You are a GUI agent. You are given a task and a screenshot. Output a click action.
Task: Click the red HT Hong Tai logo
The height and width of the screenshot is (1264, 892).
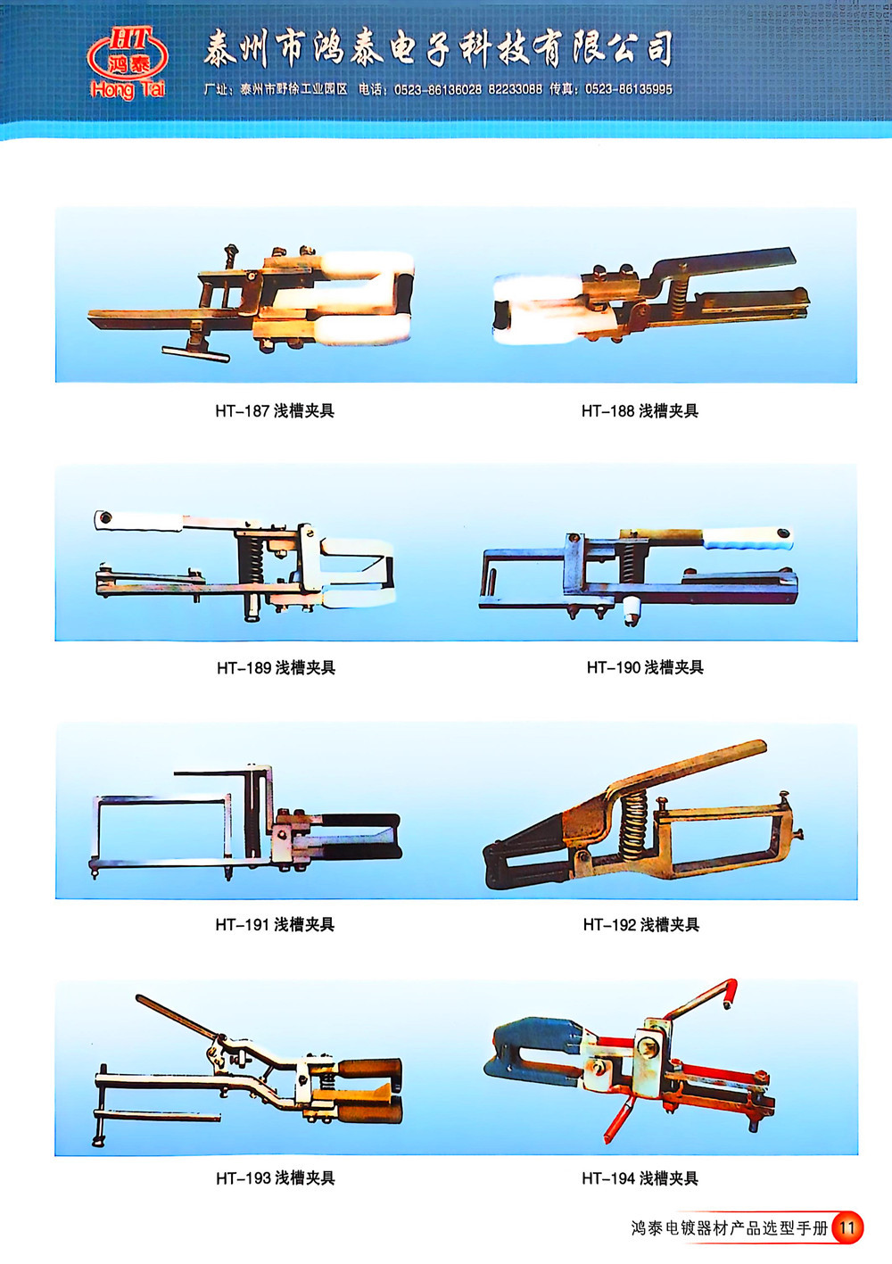point(128,63)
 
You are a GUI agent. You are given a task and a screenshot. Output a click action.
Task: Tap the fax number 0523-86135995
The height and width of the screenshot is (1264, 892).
point(629,89)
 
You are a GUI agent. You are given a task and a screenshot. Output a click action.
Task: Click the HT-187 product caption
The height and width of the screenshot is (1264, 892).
point(275,411)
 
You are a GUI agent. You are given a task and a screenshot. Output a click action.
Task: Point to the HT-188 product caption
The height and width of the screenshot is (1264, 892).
point(640,411)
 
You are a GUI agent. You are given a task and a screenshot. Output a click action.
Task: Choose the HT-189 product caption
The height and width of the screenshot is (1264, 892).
point(276,668)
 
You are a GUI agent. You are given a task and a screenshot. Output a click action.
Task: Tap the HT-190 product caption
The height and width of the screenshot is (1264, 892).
point(645,667)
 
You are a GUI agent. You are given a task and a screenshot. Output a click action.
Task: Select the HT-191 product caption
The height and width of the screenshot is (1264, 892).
point(275,924)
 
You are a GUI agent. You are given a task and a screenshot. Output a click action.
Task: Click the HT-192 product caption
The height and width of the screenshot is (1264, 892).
point(641,924)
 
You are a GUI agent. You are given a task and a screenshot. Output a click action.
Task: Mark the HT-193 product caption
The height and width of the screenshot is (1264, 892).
point(276,1178)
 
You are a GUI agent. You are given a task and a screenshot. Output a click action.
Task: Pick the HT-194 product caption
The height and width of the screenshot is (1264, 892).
point(640,1178)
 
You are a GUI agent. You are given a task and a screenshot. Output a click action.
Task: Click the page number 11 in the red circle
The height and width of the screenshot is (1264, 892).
point(847,1228)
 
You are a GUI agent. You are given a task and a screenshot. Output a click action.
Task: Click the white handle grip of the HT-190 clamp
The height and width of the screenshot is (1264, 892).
point(747,539)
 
